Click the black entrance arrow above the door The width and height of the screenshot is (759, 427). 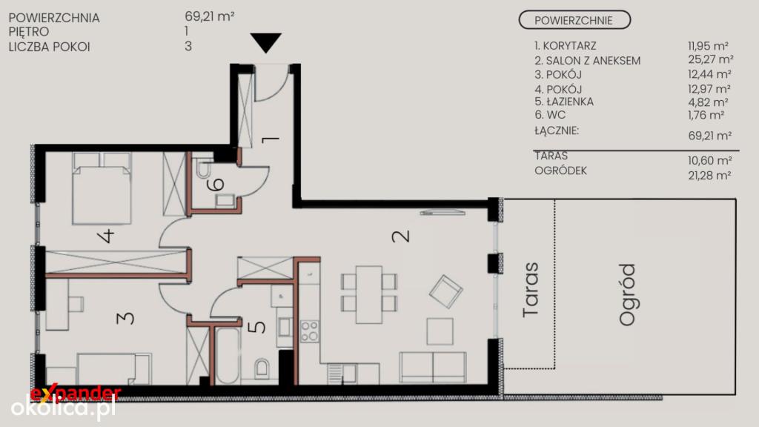pyautogui.click(x=266, y=42)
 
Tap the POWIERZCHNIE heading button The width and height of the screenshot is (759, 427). pyautogui.click(x=574, y=20)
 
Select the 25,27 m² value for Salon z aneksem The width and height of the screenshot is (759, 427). pyautogui.click(x=711, y=59)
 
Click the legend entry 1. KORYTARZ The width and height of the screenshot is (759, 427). pyautogui.click(x=566, y=45)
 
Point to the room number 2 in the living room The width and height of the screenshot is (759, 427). pyautogui.click(x=401, y=236)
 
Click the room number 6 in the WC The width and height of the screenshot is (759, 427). pyautogui.click(x=216, y=184)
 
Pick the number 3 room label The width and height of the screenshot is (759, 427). pyautogui.click(x=125, y=317)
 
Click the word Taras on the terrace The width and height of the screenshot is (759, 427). pyautogui.click(x=531, y=290)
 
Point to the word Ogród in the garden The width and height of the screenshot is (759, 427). pyautogui.click(x=627, y=294)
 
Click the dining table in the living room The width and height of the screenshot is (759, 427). pyautogui.click(x=369, y=294)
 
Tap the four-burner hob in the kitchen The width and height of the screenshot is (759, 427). pyautogui.click(x=309, y=331)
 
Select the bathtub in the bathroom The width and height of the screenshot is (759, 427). pyautogui.click(x=227, y=356)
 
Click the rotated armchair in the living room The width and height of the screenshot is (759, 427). pyautogui.click(x=445, y=291)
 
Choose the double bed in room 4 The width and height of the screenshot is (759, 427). pyautogui.click(x=102, y=189)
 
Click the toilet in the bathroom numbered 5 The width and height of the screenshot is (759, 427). pyautogui.click(x=262, y=368)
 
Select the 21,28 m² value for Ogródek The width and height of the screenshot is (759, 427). pyautogui.click(x=709, y=175)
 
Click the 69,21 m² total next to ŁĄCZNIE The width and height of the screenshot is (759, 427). pyautogui.click(x=709, y=136)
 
